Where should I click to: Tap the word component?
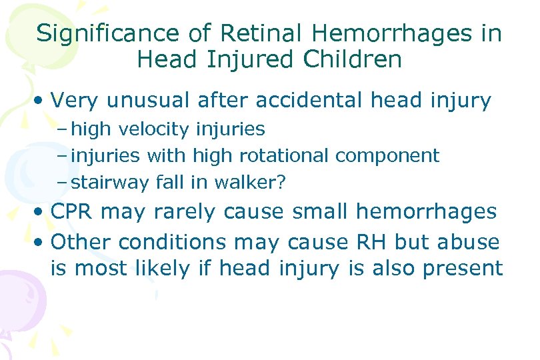[387, 155]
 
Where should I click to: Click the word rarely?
[179, 212]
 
